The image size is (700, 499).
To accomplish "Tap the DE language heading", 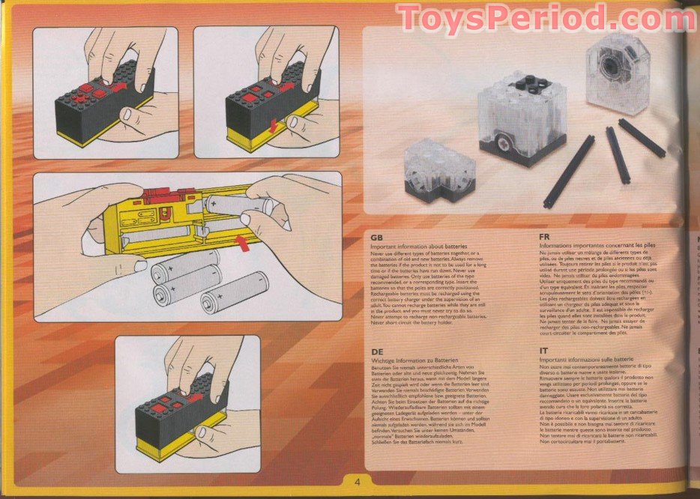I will click(x=378, y=351).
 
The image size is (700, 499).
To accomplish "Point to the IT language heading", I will click(x=543, y=351).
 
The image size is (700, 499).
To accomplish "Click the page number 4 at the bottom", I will click(x=357, y=482).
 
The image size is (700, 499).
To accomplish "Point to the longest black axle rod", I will click(x=569, y=172).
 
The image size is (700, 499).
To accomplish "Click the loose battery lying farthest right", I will click(x=235, y=291).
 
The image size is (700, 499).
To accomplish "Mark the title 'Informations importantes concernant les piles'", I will click(x=600, y=244).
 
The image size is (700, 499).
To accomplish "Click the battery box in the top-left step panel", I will click(x=101, y=109).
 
